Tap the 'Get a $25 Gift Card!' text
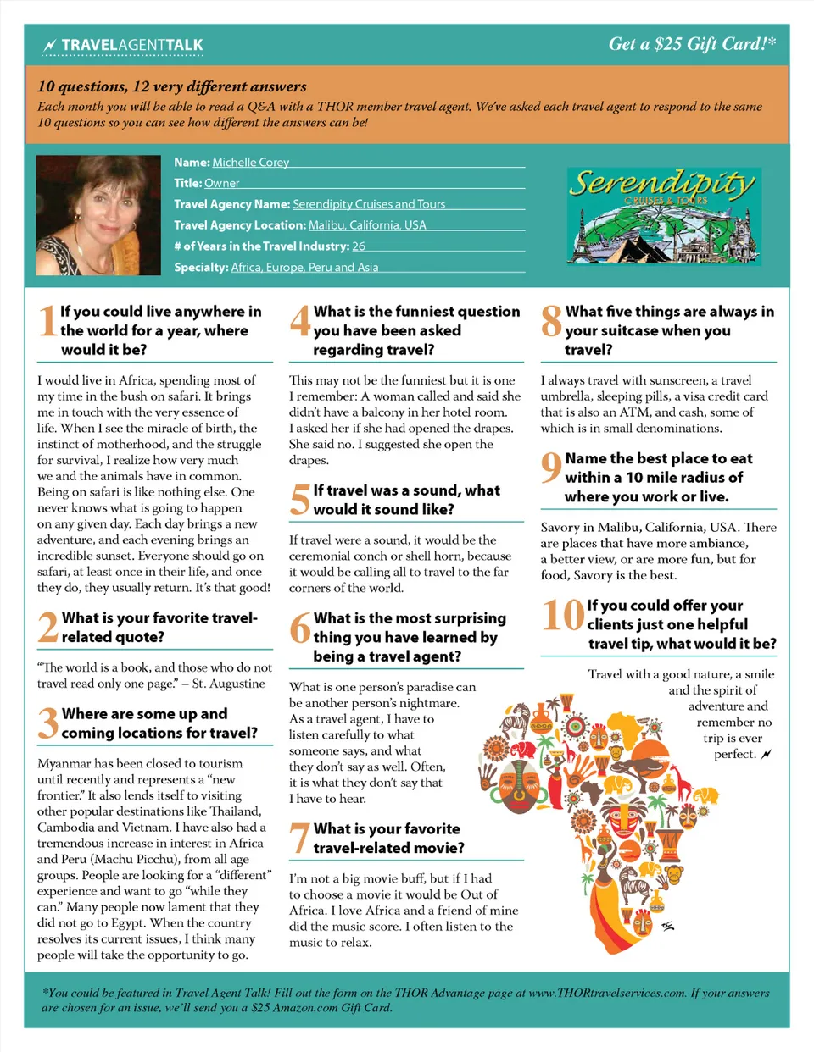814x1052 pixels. coord(692,44)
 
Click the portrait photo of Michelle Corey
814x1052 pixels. coord(98,215)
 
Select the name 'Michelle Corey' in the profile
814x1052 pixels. coord(250,163)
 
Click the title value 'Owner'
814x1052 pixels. coord(221,183)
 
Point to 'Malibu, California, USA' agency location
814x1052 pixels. coord(367,225)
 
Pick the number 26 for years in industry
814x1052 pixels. coord(359,246)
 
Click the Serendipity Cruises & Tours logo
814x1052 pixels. coord(663,216)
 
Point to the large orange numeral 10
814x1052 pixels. coord(563,615)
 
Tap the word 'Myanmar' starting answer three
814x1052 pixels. coord(64,763)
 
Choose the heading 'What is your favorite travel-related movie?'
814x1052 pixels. coord(388,839)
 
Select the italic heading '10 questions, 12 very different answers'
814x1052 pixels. coord(172,86)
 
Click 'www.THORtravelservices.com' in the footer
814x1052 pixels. coord(606,993)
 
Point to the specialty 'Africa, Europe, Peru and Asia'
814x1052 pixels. coord(304,268)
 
